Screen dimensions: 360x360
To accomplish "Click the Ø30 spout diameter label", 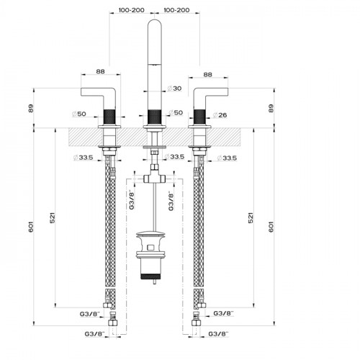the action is [x=174, y=89].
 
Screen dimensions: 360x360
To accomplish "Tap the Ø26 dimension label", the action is [x=220, y=115].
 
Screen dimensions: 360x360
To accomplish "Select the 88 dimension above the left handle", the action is [x=101, y=71].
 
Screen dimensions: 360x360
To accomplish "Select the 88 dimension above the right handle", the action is [x=208, y=75].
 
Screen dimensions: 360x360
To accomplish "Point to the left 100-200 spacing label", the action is [x=132, y=10].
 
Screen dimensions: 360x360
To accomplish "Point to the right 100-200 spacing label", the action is [x=176, y=10].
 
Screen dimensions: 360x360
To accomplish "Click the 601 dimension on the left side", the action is [x=31, y=227].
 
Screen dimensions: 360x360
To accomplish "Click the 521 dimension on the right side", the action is [x=251, y=218].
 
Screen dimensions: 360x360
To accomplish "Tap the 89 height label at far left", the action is [x=31, y=109].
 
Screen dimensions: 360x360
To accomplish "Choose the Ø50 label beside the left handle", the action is [x=79, y=114].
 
